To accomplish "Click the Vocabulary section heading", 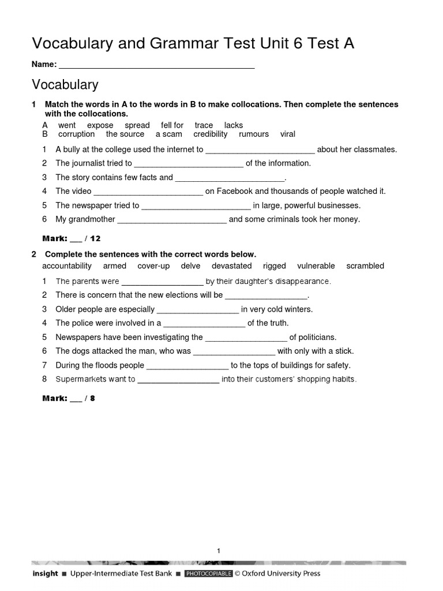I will click(65, 85).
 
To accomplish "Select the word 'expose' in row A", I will click(100, 125).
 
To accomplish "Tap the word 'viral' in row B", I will click(287, 134).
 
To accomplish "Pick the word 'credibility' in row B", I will click(211, 134).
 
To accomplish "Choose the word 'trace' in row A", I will click(204, 125).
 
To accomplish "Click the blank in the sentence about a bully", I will click(260, 150).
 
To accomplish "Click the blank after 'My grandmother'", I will click(172, 220).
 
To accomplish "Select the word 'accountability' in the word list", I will click(67, 266).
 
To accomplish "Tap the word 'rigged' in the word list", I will click(274, 266).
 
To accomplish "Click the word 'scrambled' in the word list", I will click(365, 266).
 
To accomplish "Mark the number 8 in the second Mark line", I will click(92, 398).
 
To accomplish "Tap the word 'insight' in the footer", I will click(45, 574).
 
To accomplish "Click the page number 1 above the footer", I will click(219, 551).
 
